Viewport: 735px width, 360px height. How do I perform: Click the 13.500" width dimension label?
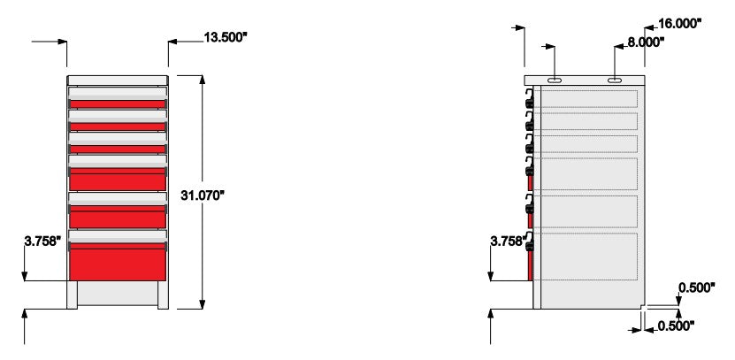(225, 37)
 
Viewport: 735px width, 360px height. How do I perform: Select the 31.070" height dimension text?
(203, 195)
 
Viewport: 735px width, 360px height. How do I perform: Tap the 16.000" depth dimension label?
(679, 23)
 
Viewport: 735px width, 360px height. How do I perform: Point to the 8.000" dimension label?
(646, 42)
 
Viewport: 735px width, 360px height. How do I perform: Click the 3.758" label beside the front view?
(42, 241)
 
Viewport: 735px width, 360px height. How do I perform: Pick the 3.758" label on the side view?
(509, 241)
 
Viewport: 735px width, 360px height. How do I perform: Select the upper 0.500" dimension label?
(697, 287)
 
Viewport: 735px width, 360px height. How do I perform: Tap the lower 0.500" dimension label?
(676, 326)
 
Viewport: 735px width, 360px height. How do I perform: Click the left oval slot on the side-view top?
(555, 80)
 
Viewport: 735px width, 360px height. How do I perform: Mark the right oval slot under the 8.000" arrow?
(615, 80)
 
